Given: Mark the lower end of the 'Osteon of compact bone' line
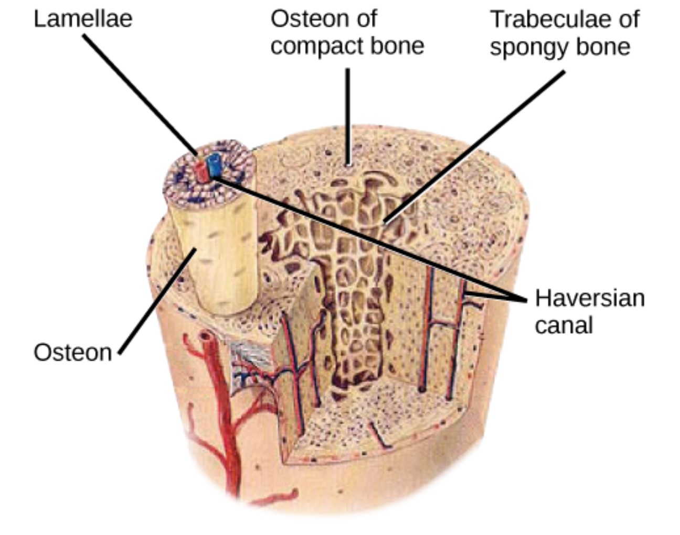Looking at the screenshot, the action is click(x=348, y=165).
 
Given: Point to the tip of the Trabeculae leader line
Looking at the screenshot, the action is click(x=385, y=222).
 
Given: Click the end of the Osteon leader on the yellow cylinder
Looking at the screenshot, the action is click(x=196, y=249).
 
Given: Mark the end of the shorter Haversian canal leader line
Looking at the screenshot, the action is click(x=465, y=293).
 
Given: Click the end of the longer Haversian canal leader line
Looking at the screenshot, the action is click(x=214, y=179).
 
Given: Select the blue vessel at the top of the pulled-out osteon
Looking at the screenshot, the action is click(x=214, y=164).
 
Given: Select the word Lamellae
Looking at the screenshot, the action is click(x=83, y=19).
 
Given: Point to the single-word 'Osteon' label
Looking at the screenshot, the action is click(x=73, y=353).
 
